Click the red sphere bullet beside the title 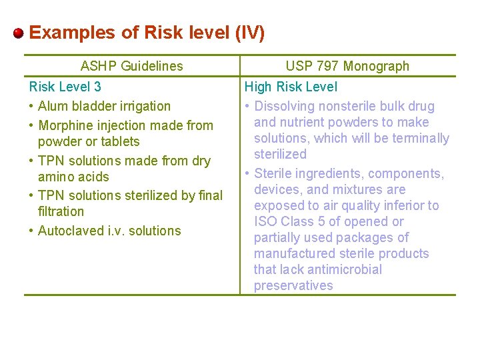coord(19,33)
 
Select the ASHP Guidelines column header coord(131,66)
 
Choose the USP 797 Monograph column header coord(347,66)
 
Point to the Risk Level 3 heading coord(65,87)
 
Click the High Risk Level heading coord(291,87)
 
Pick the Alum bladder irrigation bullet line coord(104,106)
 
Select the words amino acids coord(73,177)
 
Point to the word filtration coord(61,211)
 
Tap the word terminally coord(419,138)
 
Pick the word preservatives coord(293,285)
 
